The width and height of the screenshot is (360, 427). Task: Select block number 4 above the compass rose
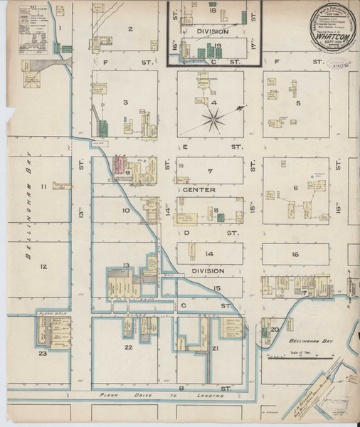click(x=213, y=102)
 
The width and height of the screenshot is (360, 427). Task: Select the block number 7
click(x=210, y=172)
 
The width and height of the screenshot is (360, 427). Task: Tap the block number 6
click(x=295, y=188)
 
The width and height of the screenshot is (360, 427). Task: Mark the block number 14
click(x=209, y=253)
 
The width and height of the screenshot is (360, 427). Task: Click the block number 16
click(x=294, y=253)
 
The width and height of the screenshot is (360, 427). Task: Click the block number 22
click(x=129, y=347)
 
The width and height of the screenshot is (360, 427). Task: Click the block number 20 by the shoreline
click(x=274, y=330)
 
